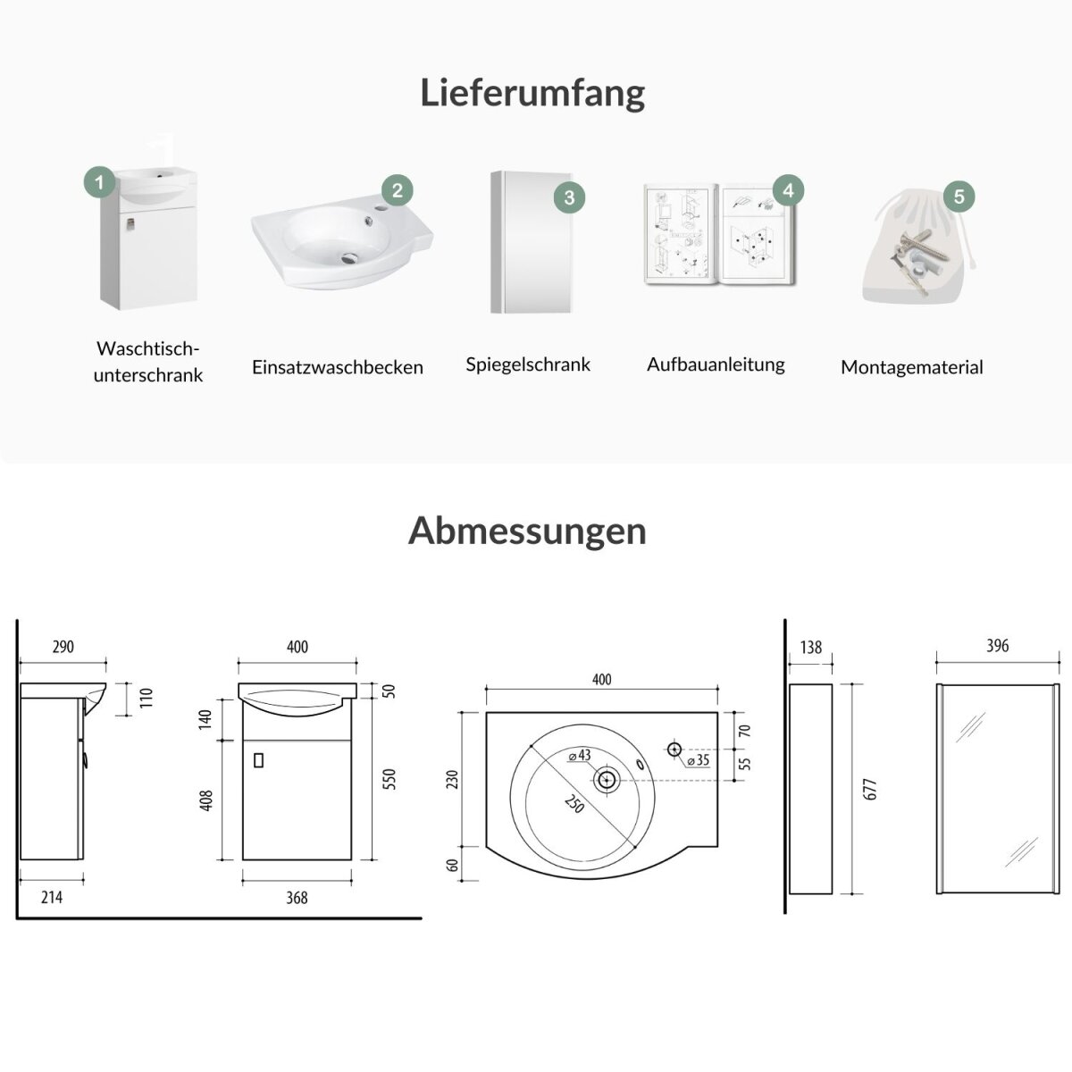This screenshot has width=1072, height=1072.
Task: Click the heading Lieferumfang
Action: pos(532,93)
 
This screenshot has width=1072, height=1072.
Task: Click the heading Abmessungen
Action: pos(527,531)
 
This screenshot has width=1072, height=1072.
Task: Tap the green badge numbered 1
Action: pos(99,183)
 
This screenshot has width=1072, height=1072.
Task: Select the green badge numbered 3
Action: pos(570,197)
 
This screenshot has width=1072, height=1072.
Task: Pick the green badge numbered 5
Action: pos(959,197)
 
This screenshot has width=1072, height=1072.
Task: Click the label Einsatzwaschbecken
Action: pos(338,367)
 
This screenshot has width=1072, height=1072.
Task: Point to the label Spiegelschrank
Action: pos(528,364)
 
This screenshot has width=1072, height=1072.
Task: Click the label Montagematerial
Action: pos(911,367)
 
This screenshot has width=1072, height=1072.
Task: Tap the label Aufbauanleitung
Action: pos(716,364)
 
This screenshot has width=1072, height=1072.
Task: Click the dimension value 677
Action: pos(872,790)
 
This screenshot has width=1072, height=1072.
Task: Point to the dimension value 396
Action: pos(997,646)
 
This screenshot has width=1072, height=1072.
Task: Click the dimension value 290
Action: pos(63,647)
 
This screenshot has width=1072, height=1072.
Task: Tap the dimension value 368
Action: pos(297,897)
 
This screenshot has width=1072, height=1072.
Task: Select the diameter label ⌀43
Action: pos(580,756)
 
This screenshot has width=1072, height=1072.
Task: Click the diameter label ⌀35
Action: pos(699,761)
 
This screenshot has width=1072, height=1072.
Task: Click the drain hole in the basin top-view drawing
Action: pos(607,779)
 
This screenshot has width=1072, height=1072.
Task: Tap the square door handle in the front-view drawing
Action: pos(260,760)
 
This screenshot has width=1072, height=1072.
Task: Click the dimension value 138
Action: pos(811,647)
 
